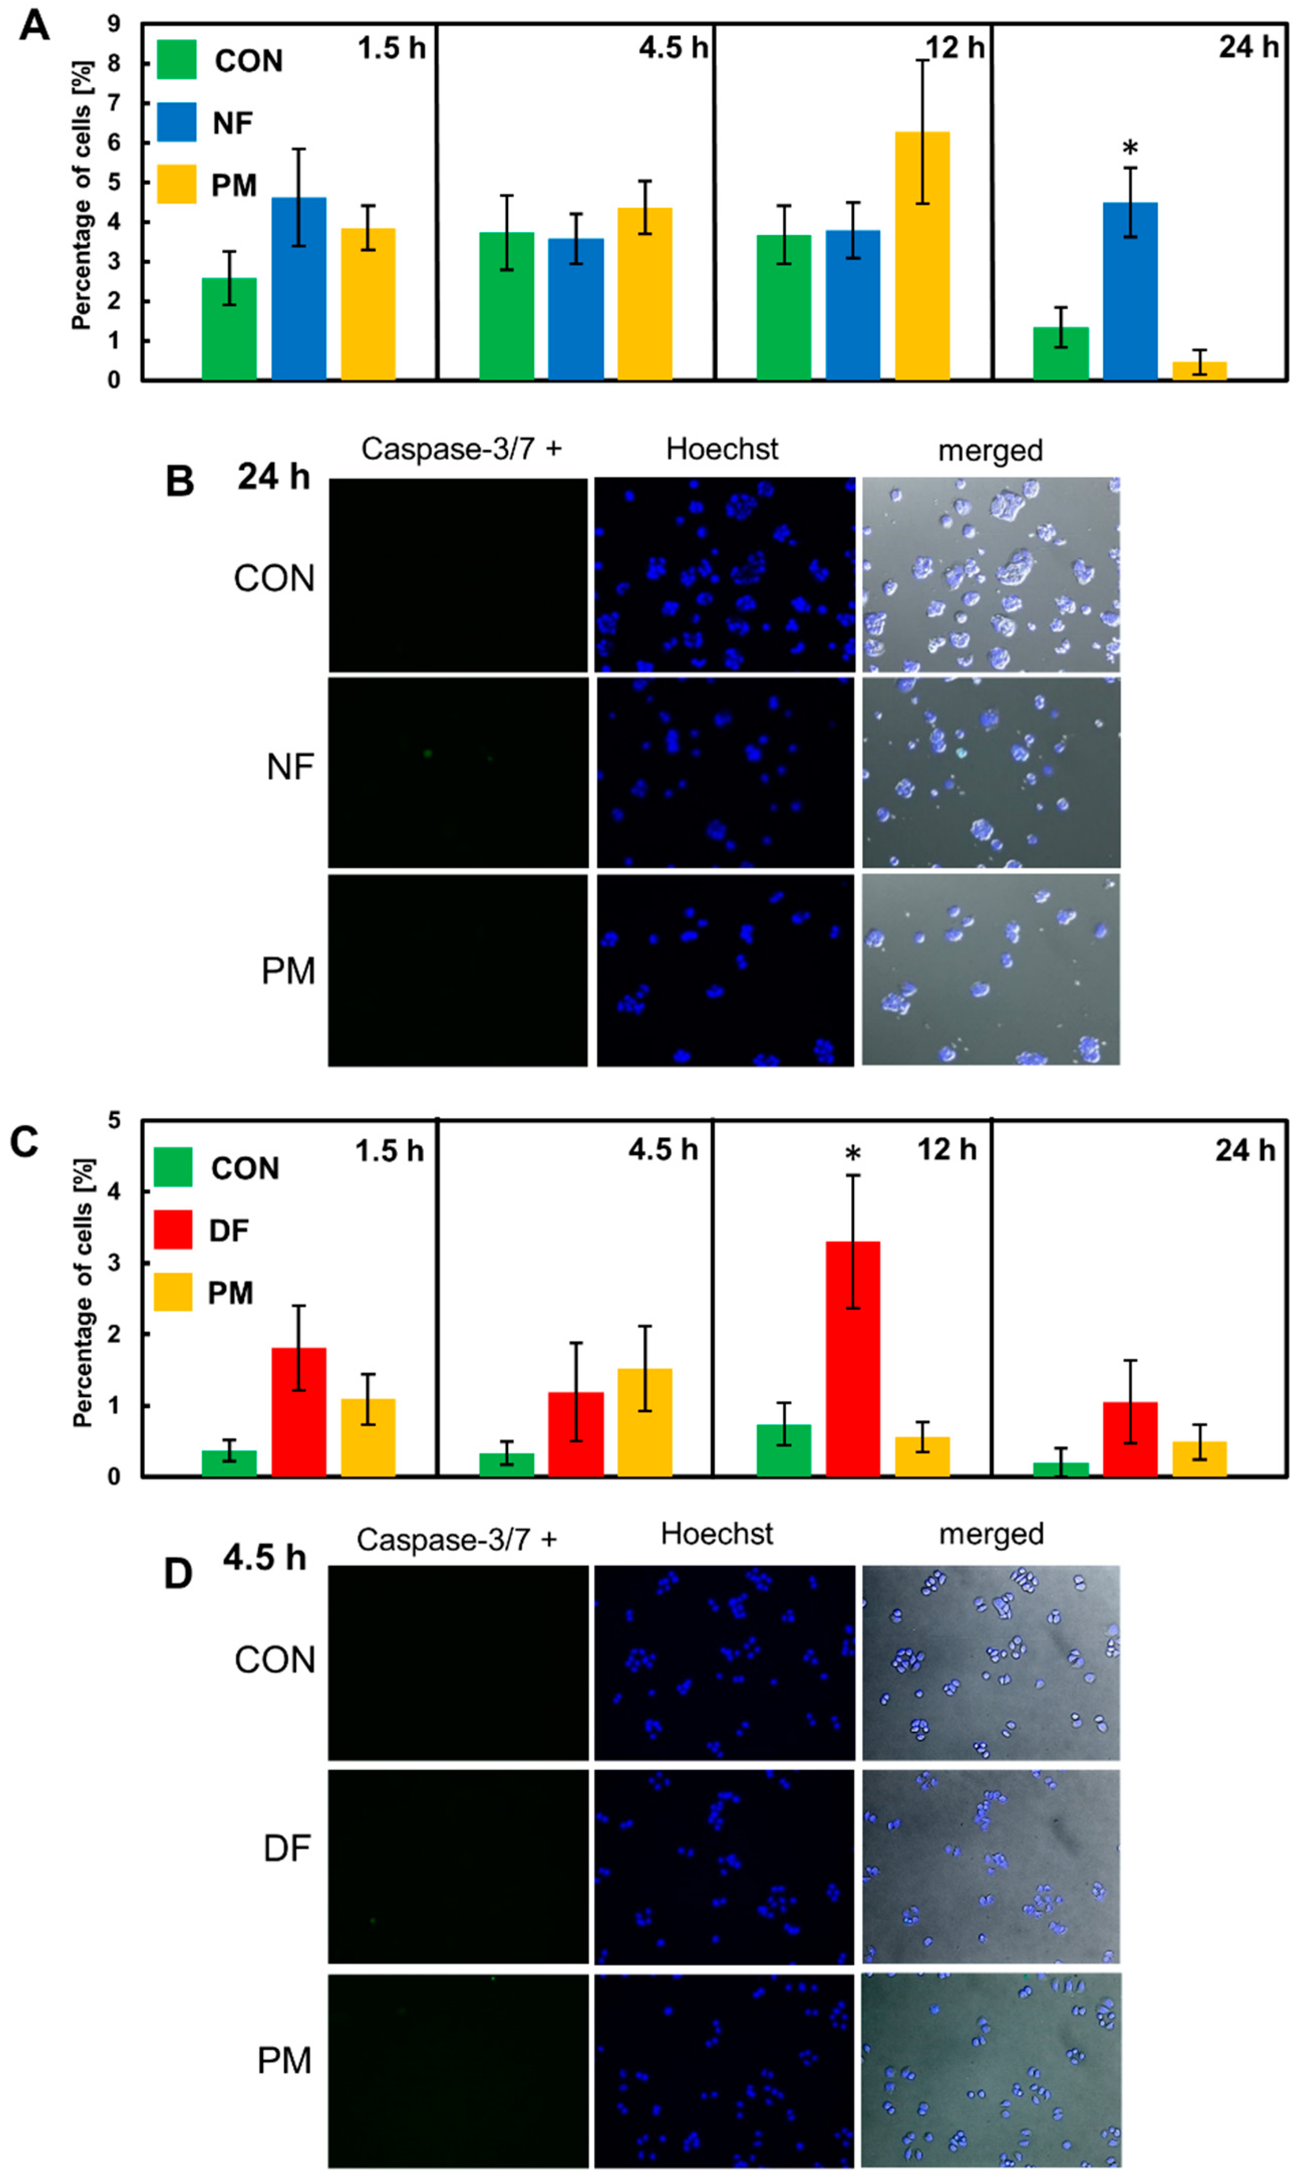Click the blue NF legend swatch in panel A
(177, 121)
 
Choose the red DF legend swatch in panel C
(173, 1229)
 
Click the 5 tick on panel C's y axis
(114, 1120)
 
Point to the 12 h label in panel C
(946, 1149)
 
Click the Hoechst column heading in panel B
(722, 450)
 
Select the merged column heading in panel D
(991, 1534)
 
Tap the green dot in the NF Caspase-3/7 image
(427, 753)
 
